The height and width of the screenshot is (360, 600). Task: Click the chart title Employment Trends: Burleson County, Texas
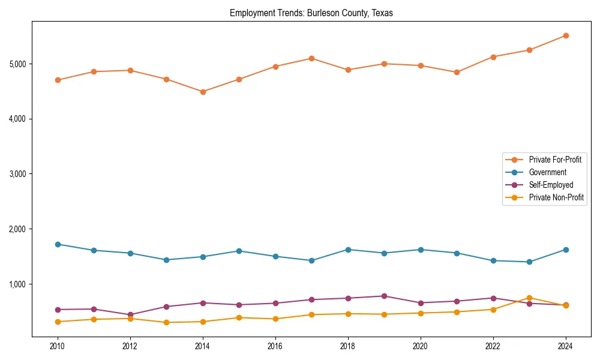(311, 13)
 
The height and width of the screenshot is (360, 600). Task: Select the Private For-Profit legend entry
(555, 160)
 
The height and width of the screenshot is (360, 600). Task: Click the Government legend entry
(547, 172)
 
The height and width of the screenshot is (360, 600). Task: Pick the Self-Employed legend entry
(551, 185)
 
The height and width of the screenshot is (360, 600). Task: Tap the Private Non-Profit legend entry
(556, 197)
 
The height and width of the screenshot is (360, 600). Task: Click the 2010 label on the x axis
(58, 346)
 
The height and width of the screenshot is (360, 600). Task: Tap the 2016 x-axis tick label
(275, 346)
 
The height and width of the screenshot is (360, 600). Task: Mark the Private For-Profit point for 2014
(203, 92)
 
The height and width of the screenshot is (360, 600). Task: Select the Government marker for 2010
(58, 244)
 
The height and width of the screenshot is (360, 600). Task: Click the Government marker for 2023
(529, 262)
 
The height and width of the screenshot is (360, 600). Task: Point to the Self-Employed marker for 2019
(384, 296)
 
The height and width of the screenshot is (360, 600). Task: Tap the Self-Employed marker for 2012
(130, 314)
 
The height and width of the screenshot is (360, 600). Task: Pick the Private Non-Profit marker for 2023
(529, 298)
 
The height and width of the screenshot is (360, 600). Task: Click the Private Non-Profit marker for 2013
(166, 322)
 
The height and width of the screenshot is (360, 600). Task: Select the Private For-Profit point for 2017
(311, 58)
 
